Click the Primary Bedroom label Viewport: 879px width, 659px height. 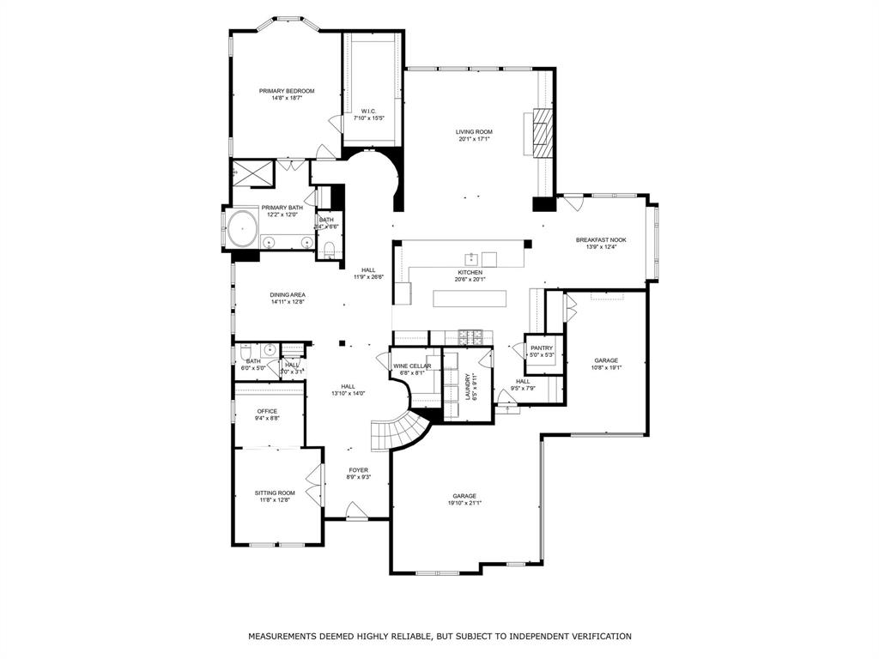pos(287,91)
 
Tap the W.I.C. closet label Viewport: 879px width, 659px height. pos(368,111)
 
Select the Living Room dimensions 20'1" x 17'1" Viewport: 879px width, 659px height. pos(474,139)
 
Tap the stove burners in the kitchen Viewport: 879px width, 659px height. pos(469,334)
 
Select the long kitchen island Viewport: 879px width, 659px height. pos(469,299)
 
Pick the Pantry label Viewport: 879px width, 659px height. pos(541,348)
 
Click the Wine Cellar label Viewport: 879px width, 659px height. pos(412,366)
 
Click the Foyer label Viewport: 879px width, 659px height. pos(358,470)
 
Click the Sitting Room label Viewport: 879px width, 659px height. pos(275,493)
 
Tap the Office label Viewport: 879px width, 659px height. pos(267,411)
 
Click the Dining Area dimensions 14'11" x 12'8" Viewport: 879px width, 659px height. pos(288,302)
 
